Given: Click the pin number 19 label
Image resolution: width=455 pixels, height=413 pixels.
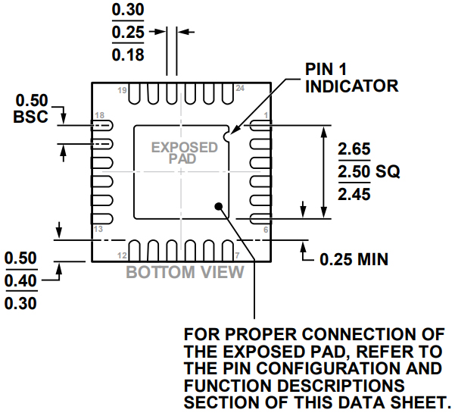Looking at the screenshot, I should tap(121, 89).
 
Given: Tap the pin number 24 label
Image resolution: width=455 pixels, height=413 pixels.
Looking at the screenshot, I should tap(240, 89).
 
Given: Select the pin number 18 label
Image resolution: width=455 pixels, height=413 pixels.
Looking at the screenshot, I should tap(98, 116).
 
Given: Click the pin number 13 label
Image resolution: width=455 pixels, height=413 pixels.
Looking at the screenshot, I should tap(97, 229).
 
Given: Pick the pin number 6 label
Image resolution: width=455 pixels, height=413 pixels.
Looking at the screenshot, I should tap(265, 229).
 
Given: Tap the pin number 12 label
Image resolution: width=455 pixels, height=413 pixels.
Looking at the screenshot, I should tap(121, 255).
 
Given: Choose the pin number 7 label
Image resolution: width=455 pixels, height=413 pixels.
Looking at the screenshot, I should tap(237, 255).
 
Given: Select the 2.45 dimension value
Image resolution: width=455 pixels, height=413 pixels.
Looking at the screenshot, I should tap(354, 196).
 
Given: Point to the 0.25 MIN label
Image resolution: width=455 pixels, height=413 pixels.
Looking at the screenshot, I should tap(354, 260).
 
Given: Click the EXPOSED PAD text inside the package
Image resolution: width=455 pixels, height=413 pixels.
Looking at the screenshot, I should tap(174, 153).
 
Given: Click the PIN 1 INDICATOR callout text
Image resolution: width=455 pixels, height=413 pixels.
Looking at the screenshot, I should tap(351, 77).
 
